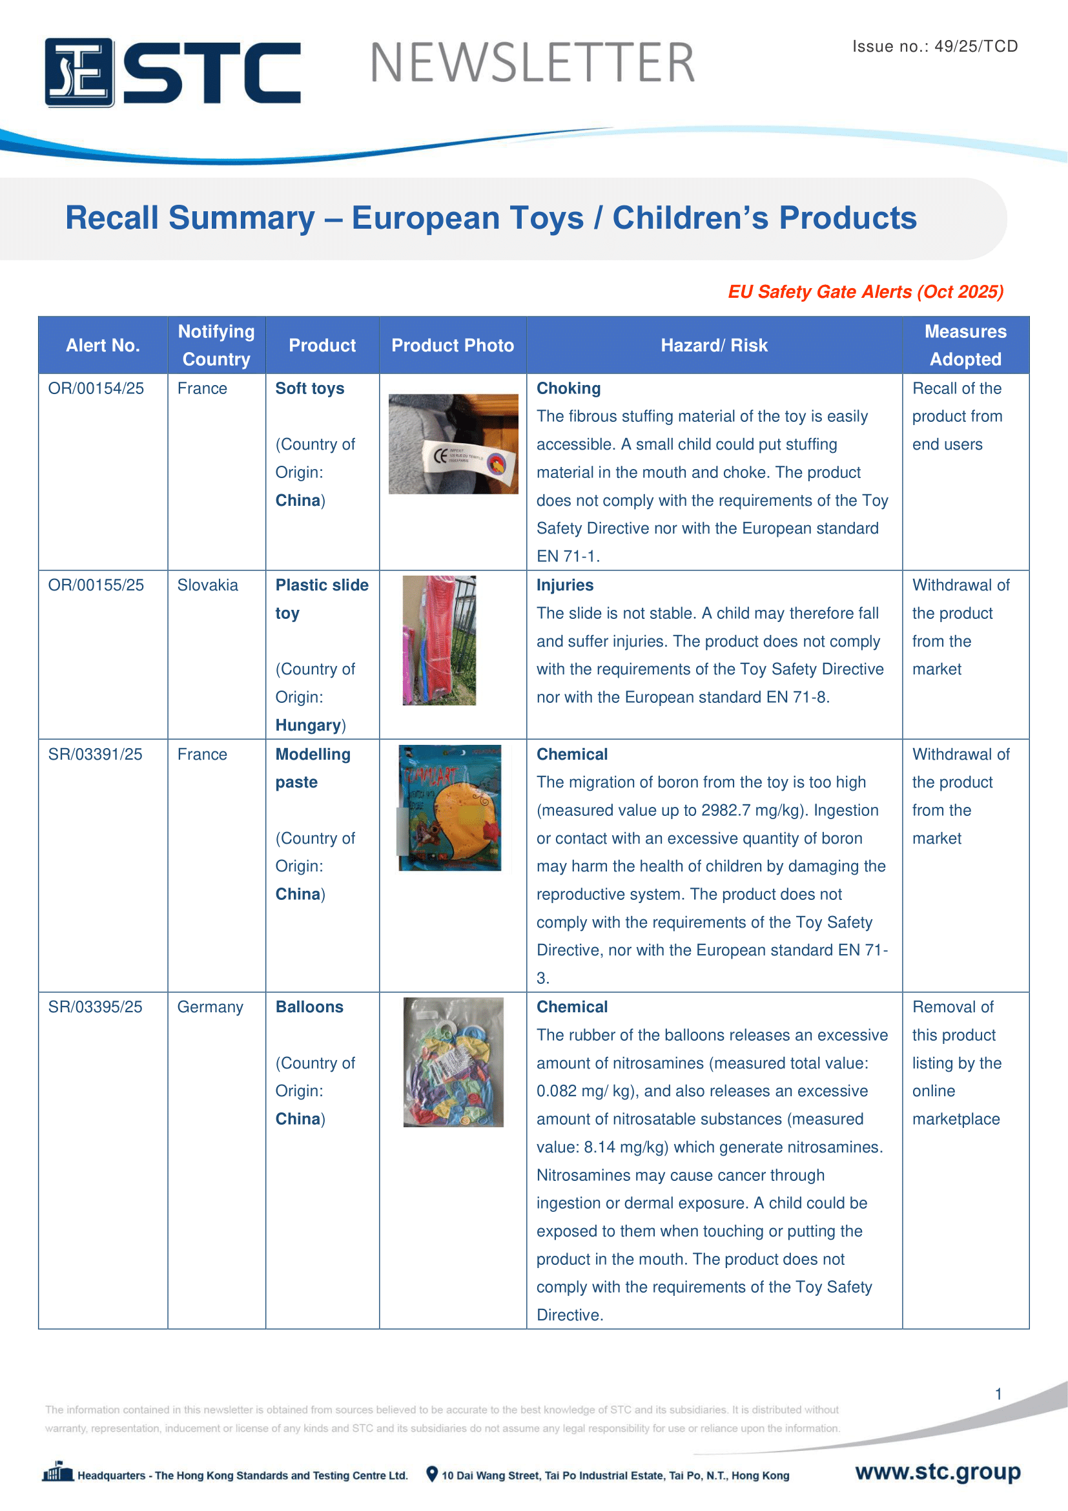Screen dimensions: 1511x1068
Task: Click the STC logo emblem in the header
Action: pyautogui.click(x=79, y=72)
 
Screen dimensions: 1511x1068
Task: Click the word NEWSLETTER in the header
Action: pyautogui.click(x=532, y=63)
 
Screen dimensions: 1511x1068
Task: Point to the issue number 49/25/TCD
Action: pyautogui.click(x=976, y=46)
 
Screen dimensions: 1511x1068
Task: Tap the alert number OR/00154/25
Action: pyautogui.click(x=96, y=388)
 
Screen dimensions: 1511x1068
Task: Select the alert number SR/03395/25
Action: pyautogui.click(x=96, y=1007)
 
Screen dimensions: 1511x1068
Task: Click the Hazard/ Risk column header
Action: pyautogui.click(x=714, y=346)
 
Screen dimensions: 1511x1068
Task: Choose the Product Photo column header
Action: pyautogui.click(x=453, y=346)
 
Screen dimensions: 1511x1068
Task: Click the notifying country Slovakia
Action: pyautogui.click(x=208, y=585)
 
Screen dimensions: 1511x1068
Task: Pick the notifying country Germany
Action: pyautogui.click(x=210, y=1007)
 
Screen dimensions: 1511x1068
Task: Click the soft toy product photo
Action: pyautogui.click(x=453, y=444)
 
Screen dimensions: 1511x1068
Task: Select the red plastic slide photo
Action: pyautogui.click(x=439, y=640)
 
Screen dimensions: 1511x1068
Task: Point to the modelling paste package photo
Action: pyautogui.click(x=450, y=808)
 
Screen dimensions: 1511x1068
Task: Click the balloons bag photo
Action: pyautogui.click(x=453, y=1062)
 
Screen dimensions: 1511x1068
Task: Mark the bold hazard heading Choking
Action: pyautogui.click(x=568, y=388)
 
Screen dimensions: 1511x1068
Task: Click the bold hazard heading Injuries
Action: pyautogui.click(x=565, y=585)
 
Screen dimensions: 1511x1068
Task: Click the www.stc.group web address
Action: pyautogui.click(x=937, y=1472)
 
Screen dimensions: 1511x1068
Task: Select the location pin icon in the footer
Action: pyautogui.click(x=432, y=1474)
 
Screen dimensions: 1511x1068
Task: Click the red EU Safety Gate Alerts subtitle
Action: pyautogui.click(x=865, y=291)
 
